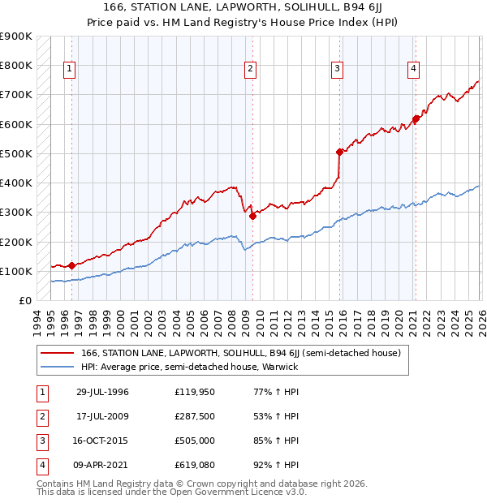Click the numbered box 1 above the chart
(x=70, y=69)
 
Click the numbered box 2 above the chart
(x=251, y=69)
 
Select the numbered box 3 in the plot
(x=336, y=69)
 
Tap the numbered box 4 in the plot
(x=413, y=69)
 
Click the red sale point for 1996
(x=71, y=265)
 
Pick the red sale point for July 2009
(x=252, y=216)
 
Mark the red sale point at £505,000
(x=339, y=152)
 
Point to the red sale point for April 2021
(x=416, y=118)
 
